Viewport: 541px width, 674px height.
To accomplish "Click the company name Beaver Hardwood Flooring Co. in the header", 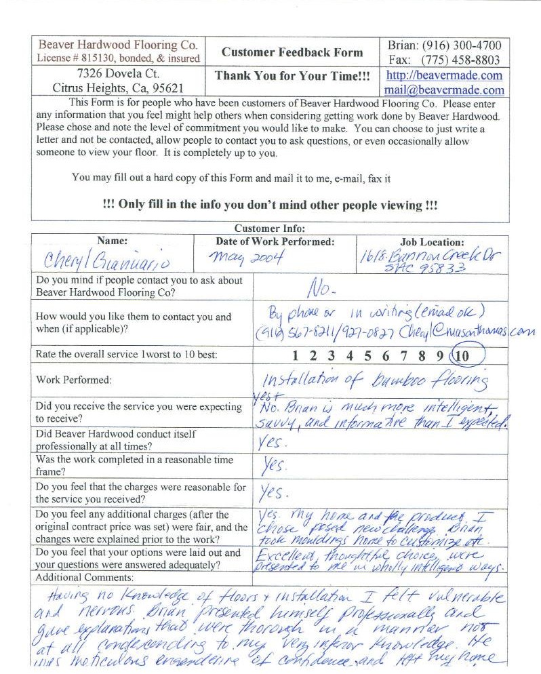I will (118, 45).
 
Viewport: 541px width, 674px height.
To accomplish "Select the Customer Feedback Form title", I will (292, 52).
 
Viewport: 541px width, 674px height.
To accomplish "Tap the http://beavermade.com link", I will (444, 75).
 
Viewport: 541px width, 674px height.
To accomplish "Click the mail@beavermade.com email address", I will (444, 90).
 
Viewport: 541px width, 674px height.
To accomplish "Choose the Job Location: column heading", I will (432, 241).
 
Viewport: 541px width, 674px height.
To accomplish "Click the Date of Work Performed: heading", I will (275, 241).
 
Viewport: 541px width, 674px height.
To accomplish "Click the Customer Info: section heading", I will (270, 229).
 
